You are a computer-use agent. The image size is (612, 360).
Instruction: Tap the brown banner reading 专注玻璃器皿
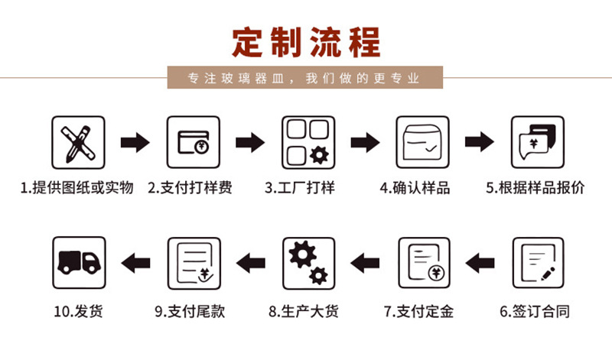pyautogui.click(x=305, y=78)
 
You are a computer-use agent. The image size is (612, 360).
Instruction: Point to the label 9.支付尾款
pyautogui.click(x=190, y=311)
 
